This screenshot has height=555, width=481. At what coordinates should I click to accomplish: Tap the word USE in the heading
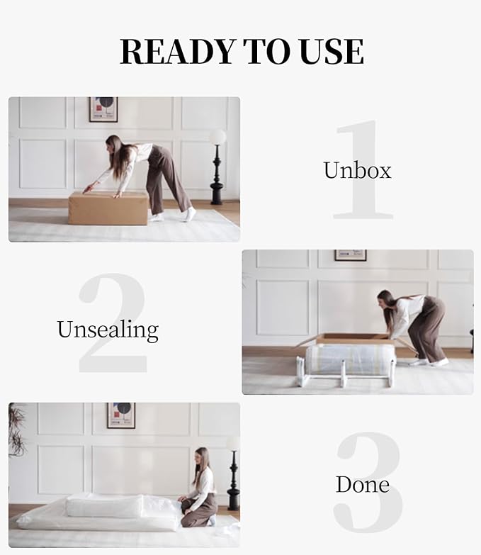[x=332, y=51]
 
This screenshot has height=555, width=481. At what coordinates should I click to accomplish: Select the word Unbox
[x=357, y=170]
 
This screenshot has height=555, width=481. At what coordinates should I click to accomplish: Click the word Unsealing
[x=108, y=330]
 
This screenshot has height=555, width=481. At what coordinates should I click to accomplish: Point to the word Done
[x=363, y=484]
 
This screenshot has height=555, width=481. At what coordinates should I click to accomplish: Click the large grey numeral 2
[x=113, y=323]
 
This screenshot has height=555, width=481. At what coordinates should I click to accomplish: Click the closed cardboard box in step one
[x=108, y=208]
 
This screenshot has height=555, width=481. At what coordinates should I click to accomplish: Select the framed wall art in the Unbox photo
[x=103, y=109]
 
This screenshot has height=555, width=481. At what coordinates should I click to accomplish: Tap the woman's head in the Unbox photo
[x=113, y=145]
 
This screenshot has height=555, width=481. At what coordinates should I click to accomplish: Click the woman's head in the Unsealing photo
[x=384, y=299]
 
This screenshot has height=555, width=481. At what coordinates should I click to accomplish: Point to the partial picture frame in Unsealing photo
[x=350, y=255]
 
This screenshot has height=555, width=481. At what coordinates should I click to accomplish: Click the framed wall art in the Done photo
[x=121, y=415]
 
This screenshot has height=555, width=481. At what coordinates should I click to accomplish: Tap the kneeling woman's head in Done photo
[x=201, y=456]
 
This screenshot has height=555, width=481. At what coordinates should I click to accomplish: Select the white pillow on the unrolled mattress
[x=105, y=505]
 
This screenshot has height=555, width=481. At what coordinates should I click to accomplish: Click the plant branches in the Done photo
[x=17, y=430]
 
